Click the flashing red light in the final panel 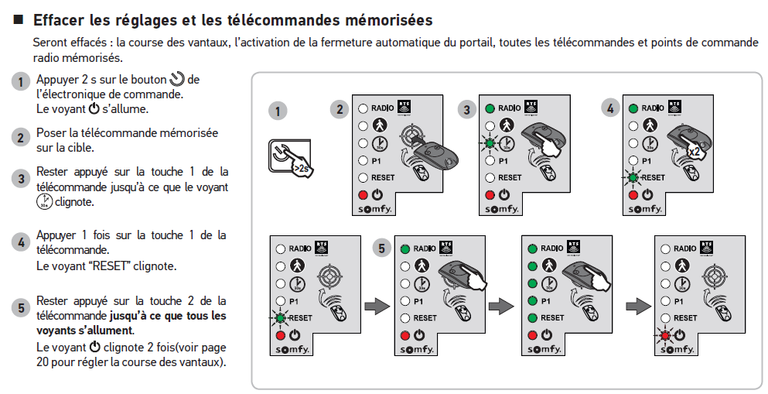click(664, 335)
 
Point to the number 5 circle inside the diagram click(381, 248)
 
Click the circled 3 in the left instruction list click(22, 179)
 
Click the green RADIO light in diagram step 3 click(490, 108)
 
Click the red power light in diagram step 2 click(362, 194)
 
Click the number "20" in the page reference click(44, 361)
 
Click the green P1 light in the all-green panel click(531, 300)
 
